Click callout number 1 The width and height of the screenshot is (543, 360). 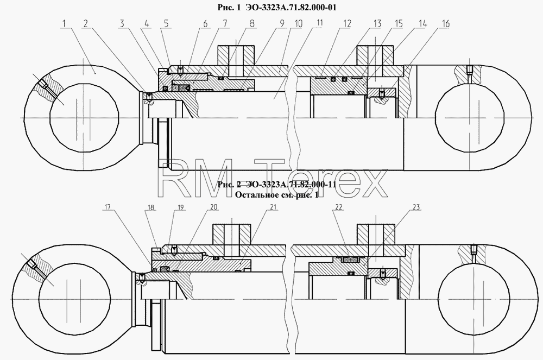(65, 23)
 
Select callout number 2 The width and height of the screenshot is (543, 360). (86, 23)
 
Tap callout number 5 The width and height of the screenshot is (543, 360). (167, 23)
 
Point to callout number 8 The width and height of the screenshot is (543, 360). (252, 23)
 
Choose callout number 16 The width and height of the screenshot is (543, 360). (445, 23)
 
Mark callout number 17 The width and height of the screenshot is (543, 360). (108, 207)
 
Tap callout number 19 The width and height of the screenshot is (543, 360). (180, 207)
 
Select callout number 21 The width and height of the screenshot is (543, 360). (273, 207)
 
